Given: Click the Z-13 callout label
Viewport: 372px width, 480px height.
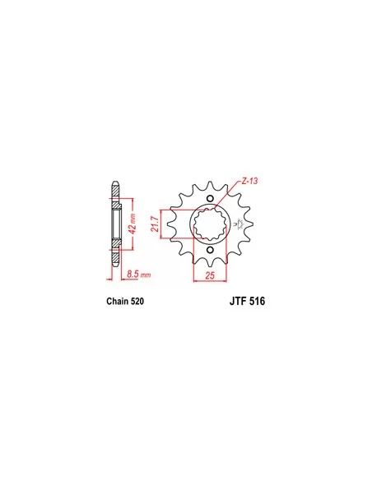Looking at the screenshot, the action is point(249,181).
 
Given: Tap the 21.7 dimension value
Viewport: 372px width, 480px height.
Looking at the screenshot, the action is point(155,224).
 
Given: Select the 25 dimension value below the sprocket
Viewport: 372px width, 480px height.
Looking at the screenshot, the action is point(210,275).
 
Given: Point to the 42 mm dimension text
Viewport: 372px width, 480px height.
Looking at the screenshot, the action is point(133,224).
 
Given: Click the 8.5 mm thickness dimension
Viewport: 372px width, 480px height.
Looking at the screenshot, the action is point(139,275).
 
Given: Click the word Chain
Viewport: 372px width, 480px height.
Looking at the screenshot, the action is point(118,301).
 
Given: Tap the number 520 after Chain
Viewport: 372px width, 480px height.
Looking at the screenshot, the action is point(137,301).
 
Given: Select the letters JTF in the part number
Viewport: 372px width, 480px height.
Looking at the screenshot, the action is point(238,301).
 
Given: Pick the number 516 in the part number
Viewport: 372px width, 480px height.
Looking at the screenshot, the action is point(257,301).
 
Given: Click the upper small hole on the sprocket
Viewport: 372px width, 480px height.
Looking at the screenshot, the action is point(210,198).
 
